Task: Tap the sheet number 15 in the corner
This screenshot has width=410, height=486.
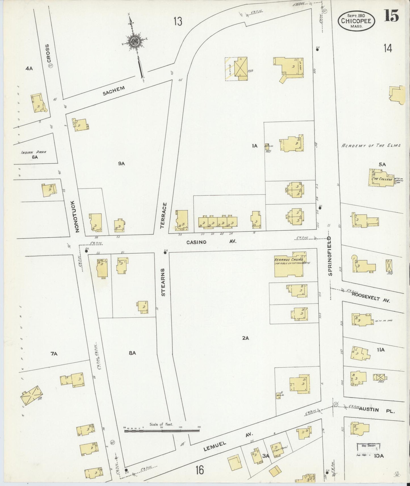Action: [x=392, y=16]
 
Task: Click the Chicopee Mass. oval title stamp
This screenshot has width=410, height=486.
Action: [x=356, y=21]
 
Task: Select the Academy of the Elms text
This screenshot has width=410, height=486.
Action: [x=371, y=145]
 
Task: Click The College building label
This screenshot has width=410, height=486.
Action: [x=383, y=179]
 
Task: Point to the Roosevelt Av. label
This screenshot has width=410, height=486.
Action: [x=371, y=297]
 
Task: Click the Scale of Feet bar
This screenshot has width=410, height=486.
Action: [x=162, y=431]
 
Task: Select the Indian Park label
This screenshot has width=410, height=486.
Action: [x=33, y=152]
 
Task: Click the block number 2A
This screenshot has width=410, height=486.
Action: [x=245, y=338]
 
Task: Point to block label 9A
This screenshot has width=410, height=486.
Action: [x=121, y=163]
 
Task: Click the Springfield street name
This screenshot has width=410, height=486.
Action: [x=330, y=256]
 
